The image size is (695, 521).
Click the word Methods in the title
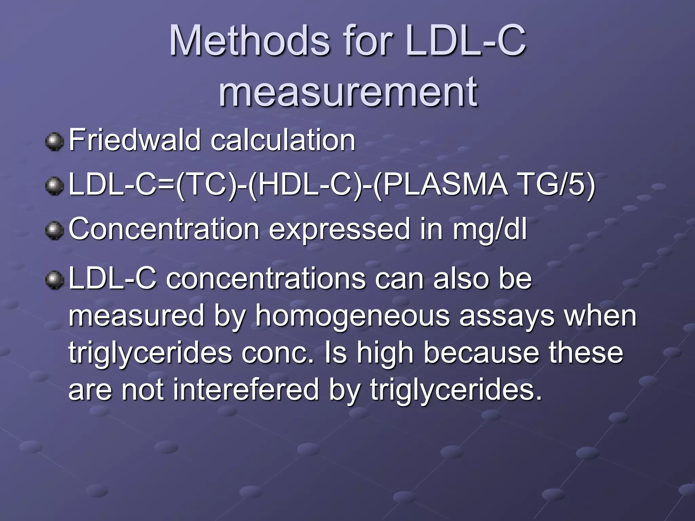pos(249,41)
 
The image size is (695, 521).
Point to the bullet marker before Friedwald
pos(54,142)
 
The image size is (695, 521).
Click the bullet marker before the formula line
pos(54,186)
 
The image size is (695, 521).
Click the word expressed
pos(339,229)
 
